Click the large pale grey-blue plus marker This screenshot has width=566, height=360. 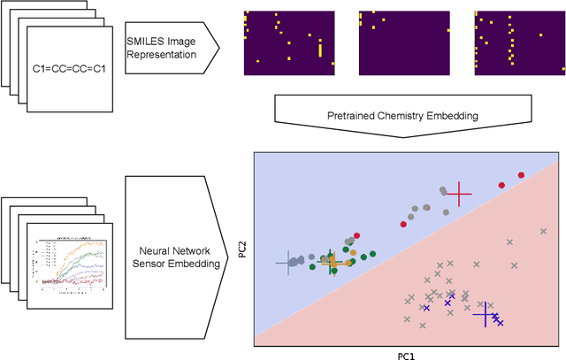click(287, 262)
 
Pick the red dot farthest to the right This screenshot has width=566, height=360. click(521, 175)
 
